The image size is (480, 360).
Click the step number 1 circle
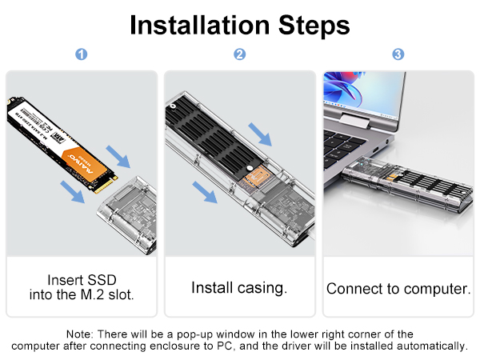(81, 54)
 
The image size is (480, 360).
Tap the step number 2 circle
(239, 54)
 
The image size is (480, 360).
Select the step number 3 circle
(398, 54)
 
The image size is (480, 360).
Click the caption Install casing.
(239, 287)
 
